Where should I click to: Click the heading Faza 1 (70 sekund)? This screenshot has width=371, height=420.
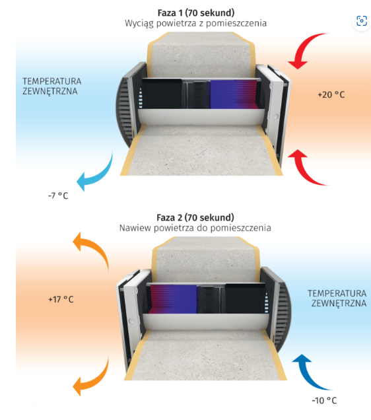pos(195,13)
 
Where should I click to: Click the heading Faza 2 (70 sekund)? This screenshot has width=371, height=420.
pos(195,217)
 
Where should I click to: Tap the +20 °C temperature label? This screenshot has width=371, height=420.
pos(331,94)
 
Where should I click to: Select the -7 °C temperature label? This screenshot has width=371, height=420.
pos(58,195)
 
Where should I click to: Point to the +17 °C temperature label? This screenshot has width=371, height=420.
pos(61,299)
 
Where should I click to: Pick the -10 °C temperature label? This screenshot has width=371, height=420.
pos(324,400)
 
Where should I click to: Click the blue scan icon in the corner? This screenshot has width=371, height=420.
pos(362,20)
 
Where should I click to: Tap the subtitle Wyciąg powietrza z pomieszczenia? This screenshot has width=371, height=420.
pos(195,23)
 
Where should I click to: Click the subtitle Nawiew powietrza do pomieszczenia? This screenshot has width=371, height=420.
pos(195,228)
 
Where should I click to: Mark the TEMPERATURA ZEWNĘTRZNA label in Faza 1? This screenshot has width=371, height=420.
pos(52,87)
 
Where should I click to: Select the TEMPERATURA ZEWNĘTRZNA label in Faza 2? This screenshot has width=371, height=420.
pos(337,298)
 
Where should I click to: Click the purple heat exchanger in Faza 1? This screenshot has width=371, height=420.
pos(234,94)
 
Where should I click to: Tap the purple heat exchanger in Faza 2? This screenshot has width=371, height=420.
pos(174,299)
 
